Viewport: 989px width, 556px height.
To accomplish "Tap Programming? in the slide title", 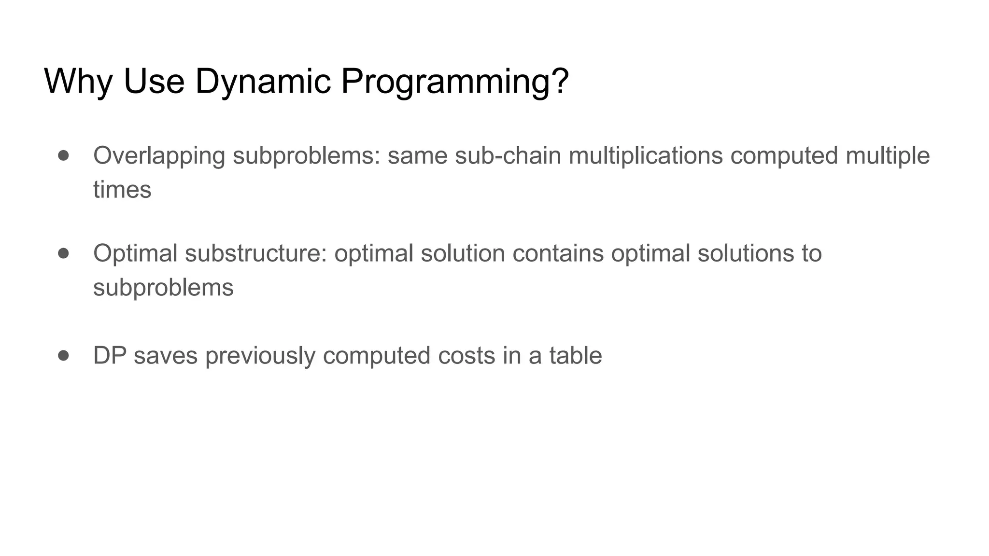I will point(455,81).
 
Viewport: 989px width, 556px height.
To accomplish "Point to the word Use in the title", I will point(154,81).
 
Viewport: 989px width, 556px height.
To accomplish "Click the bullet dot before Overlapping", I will point(63,155).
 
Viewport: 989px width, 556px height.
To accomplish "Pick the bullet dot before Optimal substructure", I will point(63,253).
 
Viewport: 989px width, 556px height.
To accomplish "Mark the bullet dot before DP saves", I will point(63,356).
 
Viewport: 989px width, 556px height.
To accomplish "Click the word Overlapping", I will point(159,156).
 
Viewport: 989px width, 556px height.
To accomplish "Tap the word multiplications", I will point(646,156).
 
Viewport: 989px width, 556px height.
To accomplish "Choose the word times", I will point(122,190).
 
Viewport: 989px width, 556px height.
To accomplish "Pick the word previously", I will point(260,356).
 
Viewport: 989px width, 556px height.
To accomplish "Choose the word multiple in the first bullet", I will point(888,156).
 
